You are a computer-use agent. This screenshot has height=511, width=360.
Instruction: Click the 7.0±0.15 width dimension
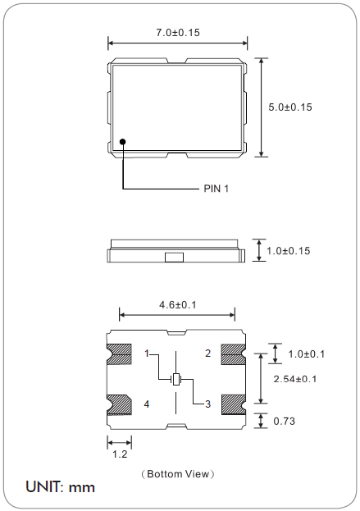[x=178, y=32]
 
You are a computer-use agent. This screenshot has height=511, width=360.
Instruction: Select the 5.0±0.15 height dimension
[x=290, y=107]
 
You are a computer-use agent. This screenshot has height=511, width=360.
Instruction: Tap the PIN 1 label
[x=216, y=189]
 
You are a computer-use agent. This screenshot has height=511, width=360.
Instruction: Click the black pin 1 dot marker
[x=123, y=141]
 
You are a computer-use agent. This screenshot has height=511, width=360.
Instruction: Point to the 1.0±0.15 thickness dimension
[x=289, y=250]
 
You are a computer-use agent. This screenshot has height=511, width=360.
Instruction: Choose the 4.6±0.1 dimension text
[x=178, y=304]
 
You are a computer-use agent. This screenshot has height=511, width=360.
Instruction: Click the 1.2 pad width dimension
[x=119, y=453]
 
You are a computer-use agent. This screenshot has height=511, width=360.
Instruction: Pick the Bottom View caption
[x=178, y=473]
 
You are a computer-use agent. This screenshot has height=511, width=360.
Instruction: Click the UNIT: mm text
[x=60, y=487]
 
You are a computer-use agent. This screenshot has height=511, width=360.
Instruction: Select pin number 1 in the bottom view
[x=147, y=354]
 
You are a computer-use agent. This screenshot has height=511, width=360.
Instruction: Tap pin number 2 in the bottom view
[x=207, y=354]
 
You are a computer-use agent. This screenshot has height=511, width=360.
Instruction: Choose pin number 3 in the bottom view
[x=207, y=404]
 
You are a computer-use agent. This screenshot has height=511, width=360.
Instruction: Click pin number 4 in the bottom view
[x=147, y=404]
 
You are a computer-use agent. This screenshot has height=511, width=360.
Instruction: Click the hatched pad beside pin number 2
[x=233, y=354]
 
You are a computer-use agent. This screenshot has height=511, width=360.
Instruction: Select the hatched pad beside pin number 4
[x=120, y=404]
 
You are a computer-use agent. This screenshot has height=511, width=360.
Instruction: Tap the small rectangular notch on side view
[x=175, y=258]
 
